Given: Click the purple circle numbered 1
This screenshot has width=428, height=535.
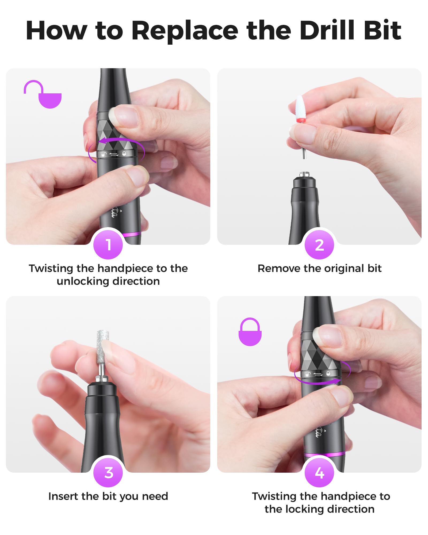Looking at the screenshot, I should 108,244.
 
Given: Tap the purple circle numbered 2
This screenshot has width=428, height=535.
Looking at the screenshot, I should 319,244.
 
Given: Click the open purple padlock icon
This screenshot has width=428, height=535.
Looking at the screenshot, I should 43,94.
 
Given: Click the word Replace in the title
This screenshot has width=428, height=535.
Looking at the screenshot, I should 185,31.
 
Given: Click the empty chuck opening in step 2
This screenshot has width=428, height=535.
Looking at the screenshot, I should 304,174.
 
